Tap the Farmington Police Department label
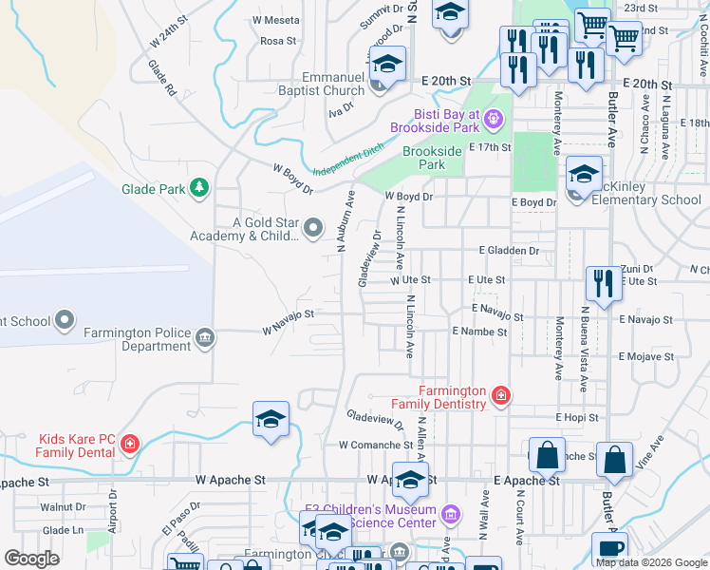137,339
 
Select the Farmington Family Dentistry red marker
500,394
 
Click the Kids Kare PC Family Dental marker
130,444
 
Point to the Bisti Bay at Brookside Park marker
493,120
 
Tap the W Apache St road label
231,481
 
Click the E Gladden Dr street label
509,250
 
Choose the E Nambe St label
479,332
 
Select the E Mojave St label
645,357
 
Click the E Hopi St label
577,417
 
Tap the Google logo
31,559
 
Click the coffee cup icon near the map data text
608,547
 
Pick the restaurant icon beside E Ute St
603,281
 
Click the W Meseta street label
276,19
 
